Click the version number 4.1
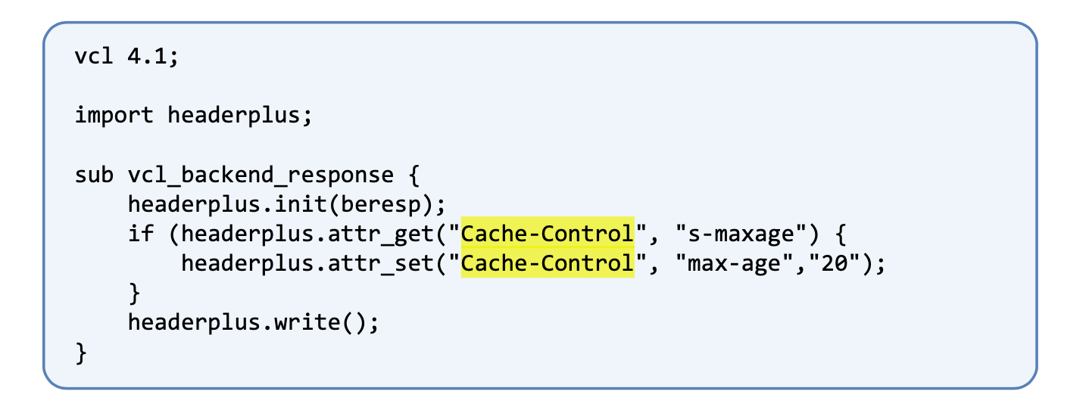tap(146, 57)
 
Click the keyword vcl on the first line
tap(94, 57)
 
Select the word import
tap(114, 116)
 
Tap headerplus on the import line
tap(233, 116)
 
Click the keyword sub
tap(94, 175)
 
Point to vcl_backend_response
tap(261, 175)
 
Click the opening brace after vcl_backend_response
tap(413, 175)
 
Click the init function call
tap(301, 204)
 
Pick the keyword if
tap(141, 234)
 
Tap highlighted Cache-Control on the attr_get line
tap(548, 234)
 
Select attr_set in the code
tap(380, 264)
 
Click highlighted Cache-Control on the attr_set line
tap(548, 263)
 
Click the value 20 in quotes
tap(834, 263)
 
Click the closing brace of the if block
tap(134, 293)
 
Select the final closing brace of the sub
tap(81, 352)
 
